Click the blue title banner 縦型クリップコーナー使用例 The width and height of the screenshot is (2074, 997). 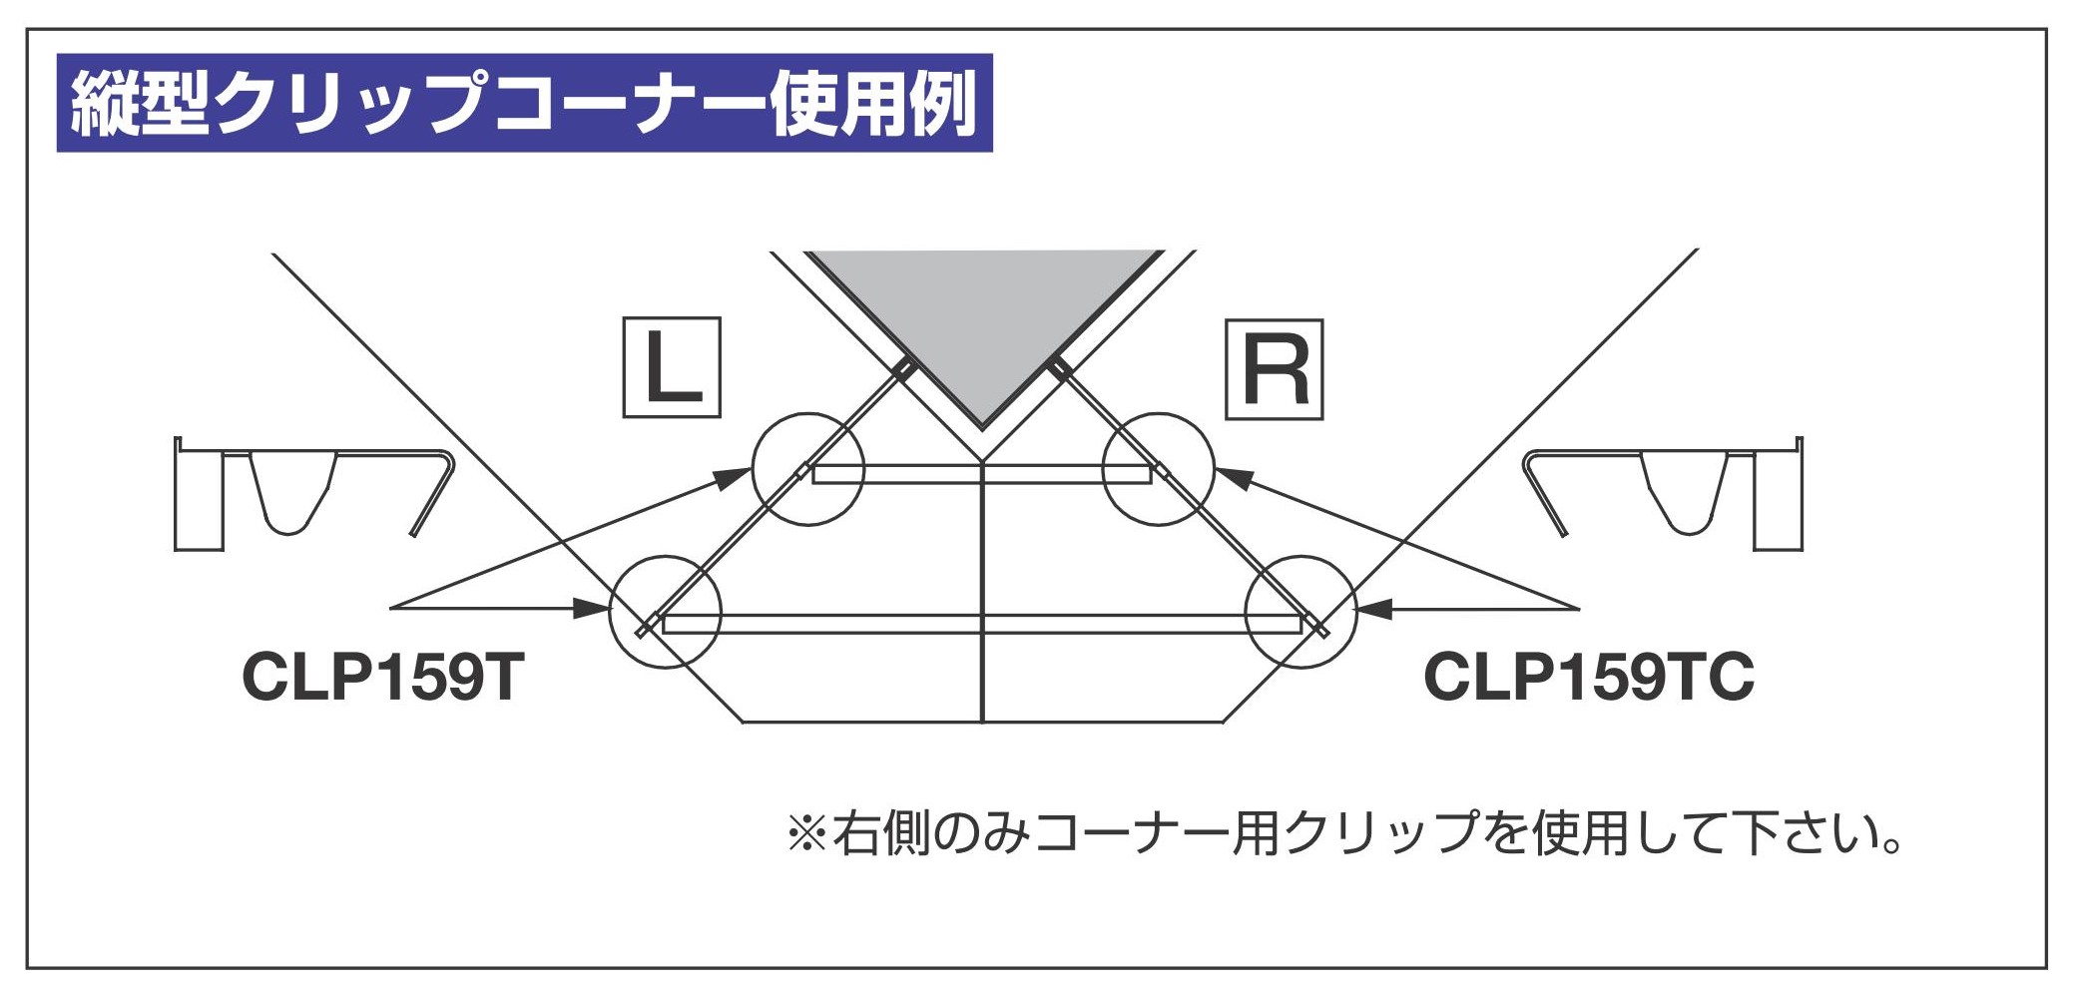pyautogui.click(x=524, y=103)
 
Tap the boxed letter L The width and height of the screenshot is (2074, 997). pyautogui.click(x=672, y=367)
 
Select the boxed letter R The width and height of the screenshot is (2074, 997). pyautogui.click(x=1274, y=369)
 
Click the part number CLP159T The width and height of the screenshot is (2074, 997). pyautogui.click(x=383, y=678)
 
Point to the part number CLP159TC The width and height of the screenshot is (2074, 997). pyautogui.click(x=1588, y=678)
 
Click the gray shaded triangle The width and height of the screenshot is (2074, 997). pyautogui.click(x=983, y=309)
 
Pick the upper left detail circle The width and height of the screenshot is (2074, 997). pyautogui.click(x=807, y=469)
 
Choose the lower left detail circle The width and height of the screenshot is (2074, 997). pyautogui.click(x=665, y=612)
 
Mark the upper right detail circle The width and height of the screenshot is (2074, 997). pyautogui.click(x=1158, y=469)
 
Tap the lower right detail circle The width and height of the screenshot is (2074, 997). pyautogui.click(x=1300, y=612)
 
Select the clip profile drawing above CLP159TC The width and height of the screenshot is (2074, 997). pyautogui.click(x=1662, y=494)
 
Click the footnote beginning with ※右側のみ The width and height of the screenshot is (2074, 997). pyautogui.click(x=1342, y=833)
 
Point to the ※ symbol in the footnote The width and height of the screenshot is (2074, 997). pyautogui.click(x=806, y=834)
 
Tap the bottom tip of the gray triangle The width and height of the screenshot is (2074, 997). pyautogui.click(x=983, y=425)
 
